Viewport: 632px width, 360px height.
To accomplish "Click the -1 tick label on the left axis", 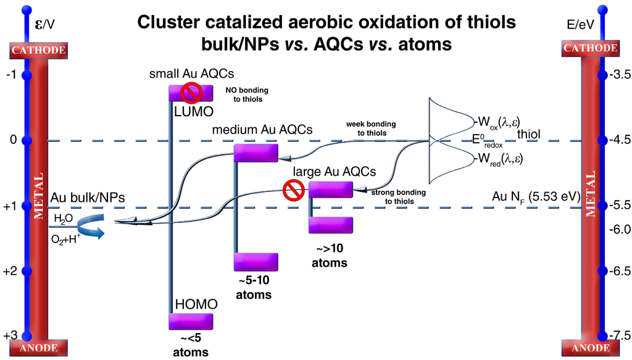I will point(10,75).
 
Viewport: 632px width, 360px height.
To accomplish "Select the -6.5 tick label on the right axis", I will point(619,270).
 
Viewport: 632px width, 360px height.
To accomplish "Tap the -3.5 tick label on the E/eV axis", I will point(619,75).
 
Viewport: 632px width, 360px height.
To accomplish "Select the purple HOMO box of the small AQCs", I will point(191,322).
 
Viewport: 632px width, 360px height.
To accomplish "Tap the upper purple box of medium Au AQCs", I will point(256,153).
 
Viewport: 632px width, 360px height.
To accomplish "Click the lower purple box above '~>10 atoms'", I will point(330,225).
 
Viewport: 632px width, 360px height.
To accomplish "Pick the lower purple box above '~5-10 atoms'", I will point(256,262).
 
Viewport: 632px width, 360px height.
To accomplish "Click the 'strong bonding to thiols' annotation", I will point(399,197).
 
